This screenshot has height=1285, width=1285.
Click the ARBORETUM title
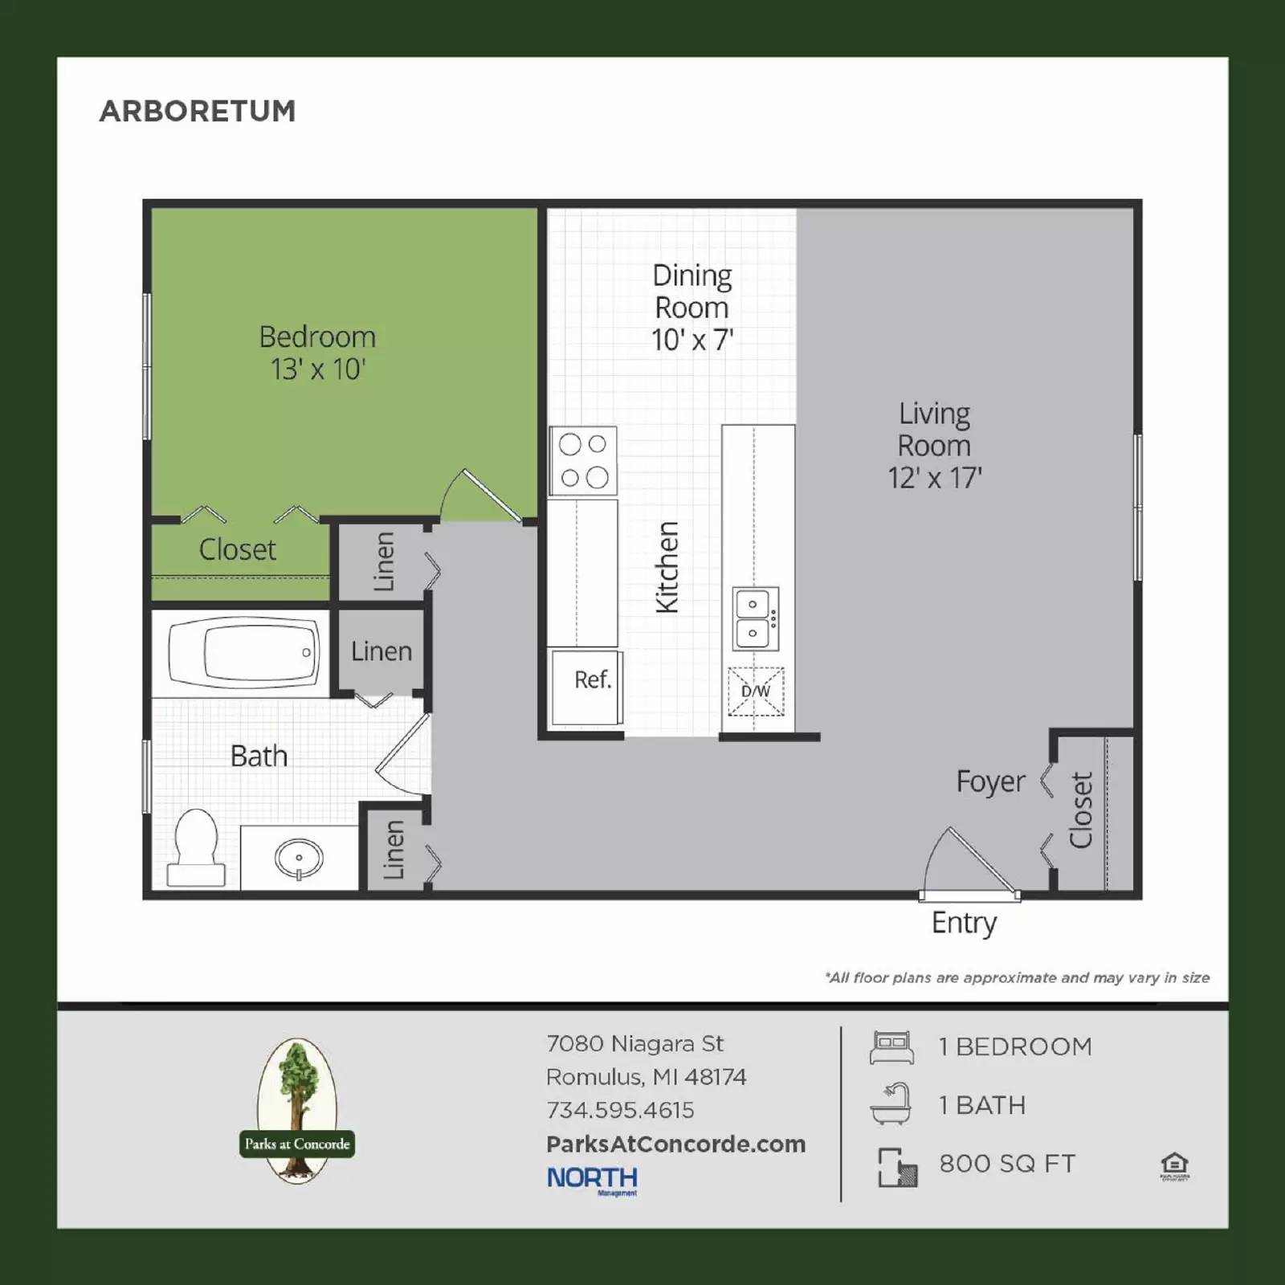click(198, 111)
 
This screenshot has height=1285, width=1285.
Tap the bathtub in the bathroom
click(243, 652)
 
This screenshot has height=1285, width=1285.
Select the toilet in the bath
click(195, 848)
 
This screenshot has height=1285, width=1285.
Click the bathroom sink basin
click(299, 858)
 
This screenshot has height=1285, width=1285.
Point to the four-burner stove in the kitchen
click(583, 461)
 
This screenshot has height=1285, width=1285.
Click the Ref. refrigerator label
click(593, 680)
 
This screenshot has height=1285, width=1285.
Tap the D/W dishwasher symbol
click(756, 691)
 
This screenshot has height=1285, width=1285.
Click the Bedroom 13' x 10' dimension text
click(317, 369)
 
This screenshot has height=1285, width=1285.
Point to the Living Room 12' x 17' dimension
click(934, 478)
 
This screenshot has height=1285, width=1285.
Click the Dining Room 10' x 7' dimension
click(692, 340)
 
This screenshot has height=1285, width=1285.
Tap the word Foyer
click(990, 781)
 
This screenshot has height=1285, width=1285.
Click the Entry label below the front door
click(964, 923)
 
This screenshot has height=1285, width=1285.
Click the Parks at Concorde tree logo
click(297, 1111)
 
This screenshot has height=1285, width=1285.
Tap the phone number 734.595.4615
click(620, 1110)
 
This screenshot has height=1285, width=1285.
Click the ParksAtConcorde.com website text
click(675, 1144)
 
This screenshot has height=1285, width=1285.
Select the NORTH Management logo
click(593, 1179)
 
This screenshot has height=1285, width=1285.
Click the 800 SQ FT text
click(1007, 1164)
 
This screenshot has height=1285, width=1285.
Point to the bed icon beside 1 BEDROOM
click(891, 1047)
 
